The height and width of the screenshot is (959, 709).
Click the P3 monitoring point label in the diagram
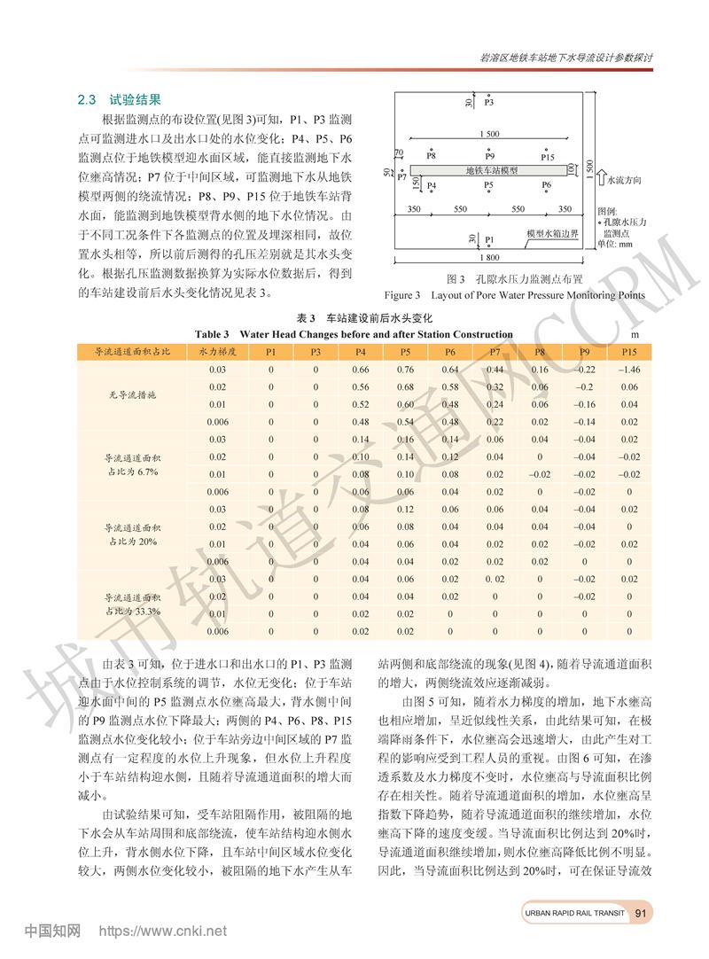pos(489,103)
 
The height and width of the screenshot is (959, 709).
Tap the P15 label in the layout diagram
pos(548,156)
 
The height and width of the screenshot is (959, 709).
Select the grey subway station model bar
pos(492,170)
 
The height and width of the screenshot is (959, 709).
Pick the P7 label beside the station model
pos(401,177)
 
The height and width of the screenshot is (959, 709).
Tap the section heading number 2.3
pos(89,101)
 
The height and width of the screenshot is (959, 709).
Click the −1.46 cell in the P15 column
pos(629,370)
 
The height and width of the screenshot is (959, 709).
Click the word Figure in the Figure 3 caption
pos(402,295)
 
